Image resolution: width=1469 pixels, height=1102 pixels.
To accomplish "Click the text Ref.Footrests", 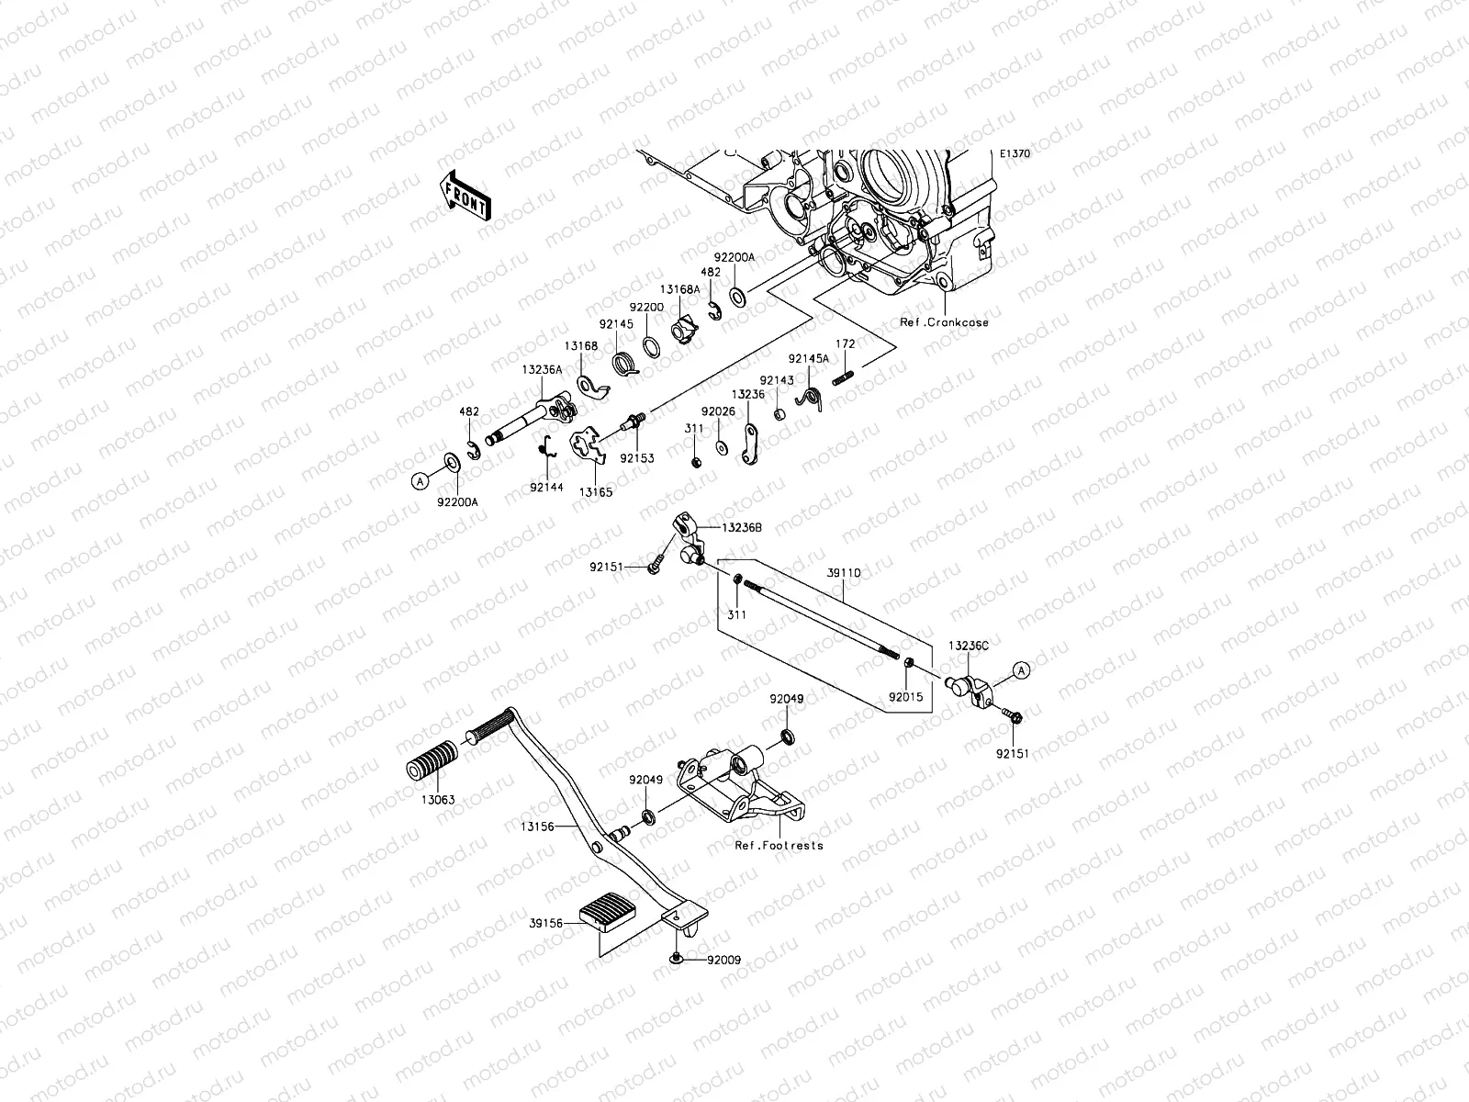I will coord(779,845).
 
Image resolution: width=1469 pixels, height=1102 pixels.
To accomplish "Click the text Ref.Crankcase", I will coord(944,323).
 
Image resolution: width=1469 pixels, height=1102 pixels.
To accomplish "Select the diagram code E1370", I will coord(1015,154).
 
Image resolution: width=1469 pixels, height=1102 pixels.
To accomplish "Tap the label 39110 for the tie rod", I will coord(843,572).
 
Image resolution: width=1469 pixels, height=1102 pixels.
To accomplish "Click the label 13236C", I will coord(969,647).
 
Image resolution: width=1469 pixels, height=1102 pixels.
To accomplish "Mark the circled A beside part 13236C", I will coord(1020,671).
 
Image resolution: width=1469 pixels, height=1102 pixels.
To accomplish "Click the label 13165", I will coord(596,492).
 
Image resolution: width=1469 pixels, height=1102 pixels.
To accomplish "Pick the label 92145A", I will coord(808,359).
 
